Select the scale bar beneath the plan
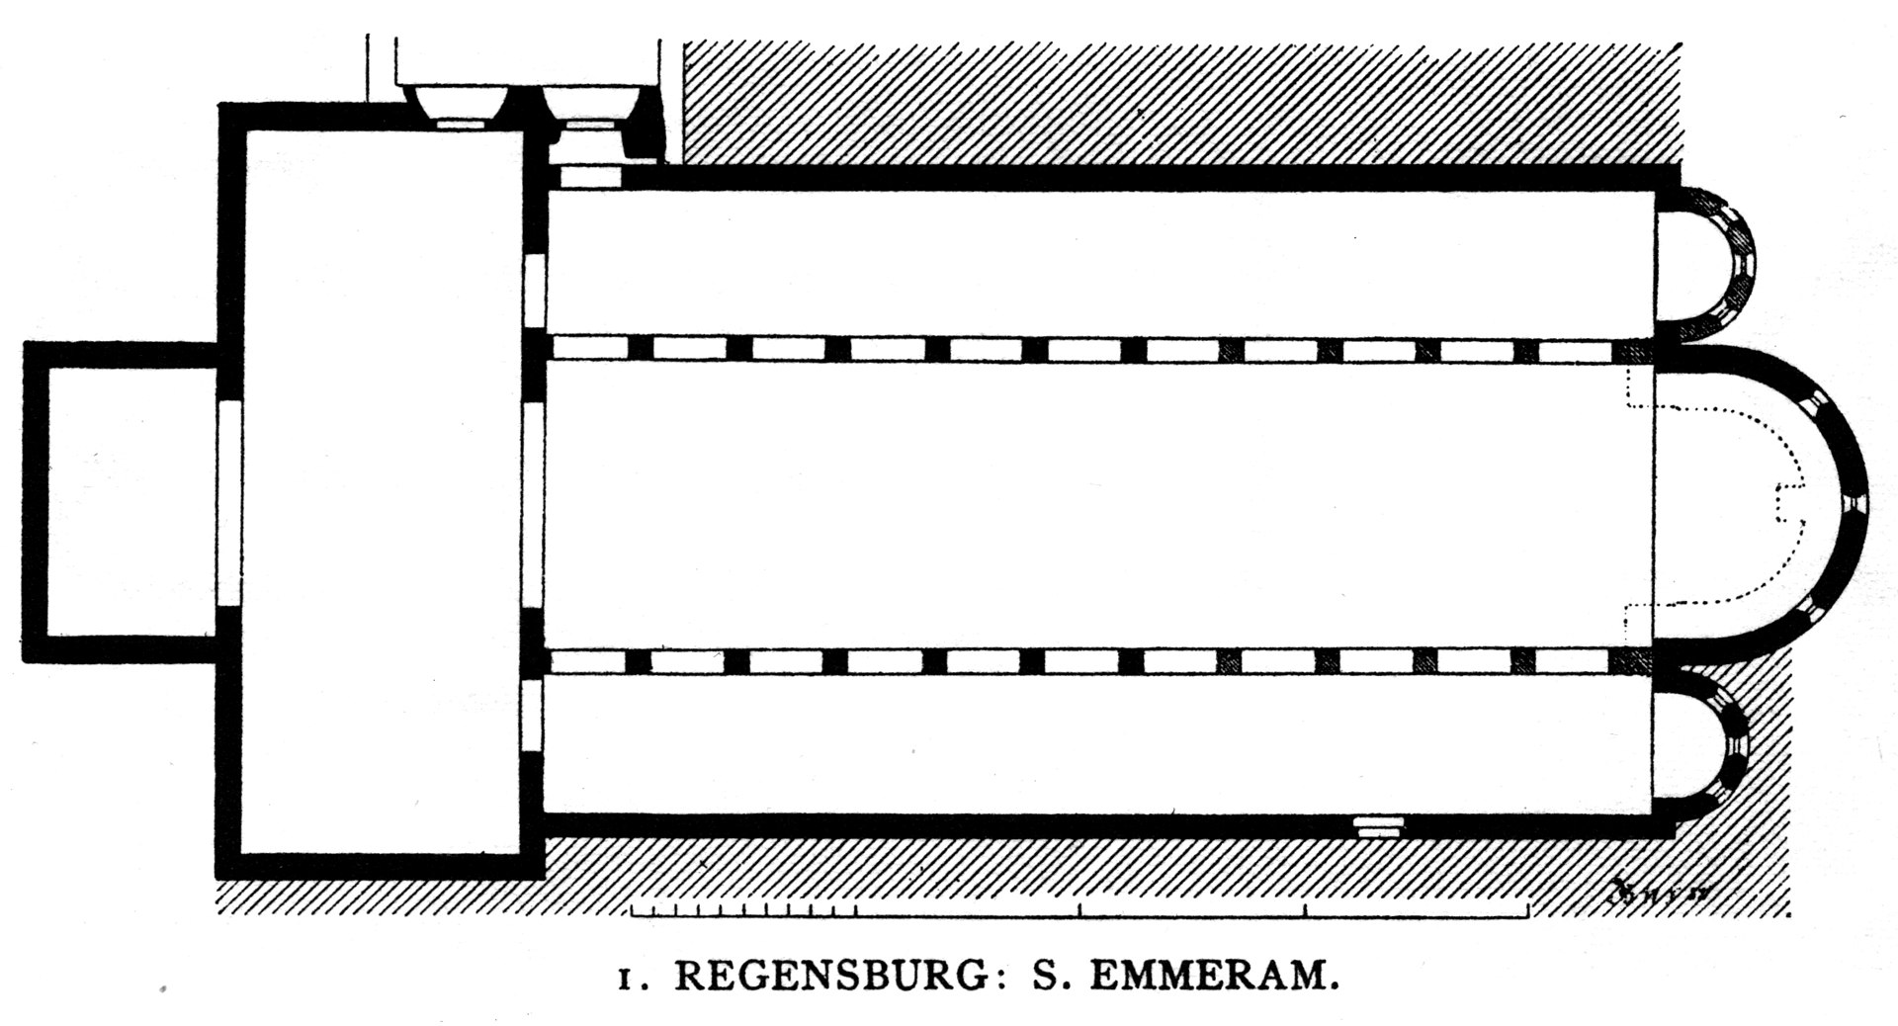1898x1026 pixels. coord(1079,910)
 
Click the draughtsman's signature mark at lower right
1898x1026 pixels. coord(1661,891)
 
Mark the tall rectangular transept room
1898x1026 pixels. coord(382,490)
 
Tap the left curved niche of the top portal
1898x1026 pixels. coord(461,104)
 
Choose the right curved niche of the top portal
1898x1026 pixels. coord(588,104)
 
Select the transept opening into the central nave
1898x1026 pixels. coord(534,504)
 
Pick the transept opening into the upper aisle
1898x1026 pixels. coord(534,291)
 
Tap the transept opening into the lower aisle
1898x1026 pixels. coord(534,718)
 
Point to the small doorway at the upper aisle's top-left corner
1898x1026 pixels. coord(589,177)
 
